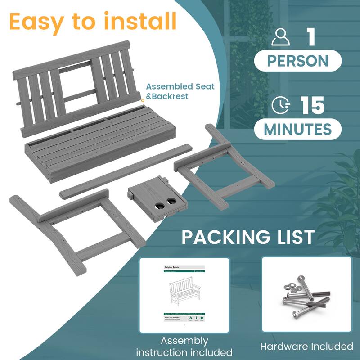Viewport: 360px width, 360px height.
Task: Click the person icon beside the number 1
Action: coord(280,38)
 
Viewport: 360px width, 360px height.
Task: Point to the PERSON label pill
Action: coord(298,60)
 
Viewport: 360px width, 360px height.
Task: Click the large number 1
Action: coord(310,38)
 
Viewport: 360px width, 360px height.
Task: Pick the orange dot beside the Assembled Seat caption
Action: coord(143,99)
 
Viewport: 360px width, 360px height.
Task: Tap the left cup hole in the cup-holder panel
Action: coord(160,205)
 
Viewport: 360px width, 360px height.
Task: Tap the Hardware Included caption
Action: coord(306,346)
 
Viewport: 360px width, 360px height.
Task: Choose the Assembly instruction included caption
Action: coord(184,346)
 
